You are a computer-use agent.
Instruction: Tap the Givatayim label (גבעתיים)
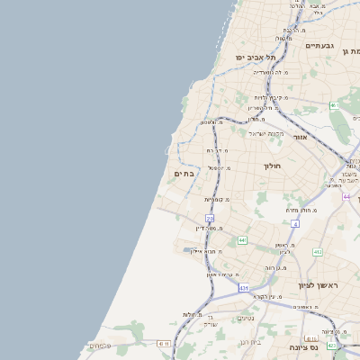(319, 46)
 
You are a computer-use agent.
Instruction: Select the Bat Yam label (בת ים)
(183, 174)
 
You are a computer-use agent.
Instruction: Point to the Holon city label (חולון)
(273, 166)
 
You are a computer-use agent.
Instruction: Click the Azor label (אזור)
(300, 137)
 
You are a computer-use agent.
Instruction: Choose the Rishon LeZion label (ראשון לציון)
(319, 285)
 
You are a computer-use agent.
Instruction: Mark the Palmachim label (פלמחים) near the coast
(100, 346)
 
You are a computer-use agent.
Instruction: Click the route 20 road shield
(210, 218)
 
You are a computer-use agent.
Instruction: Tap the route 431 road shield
(244, 287)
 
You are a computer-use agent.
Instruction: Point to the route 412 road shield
(317, 252)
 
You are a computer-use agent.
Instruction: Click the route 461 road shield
(334, 105)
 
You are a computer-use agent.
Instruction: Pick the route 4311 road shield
(164, 343)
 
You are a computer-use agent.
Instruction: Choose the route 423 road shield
(332, 345)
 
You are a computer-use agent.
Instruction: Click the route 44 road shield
(346, 195)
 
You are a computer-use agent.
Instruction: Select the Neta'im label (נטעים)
(245, 318)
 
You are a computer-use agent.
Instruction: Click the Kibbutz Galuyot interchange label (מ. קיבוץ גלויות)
(267, 97)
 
